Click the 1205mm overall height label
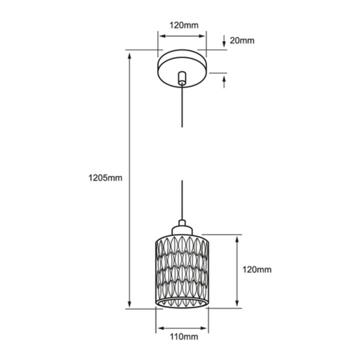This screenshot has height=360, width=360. (105, 177)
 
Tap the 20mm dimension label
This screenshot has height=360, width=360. (242, 41)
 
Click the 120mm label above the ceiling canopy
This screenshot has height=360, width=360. (184, 25)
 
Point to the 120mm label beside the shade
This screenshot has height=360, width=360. (257, 269)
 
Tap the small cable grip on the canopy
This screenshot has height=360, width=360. (182, 78)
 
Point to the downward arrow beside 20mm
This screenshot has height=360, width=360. (224, 41)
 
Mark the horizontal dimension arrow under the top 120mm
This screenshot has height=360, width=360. (182, 36)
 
